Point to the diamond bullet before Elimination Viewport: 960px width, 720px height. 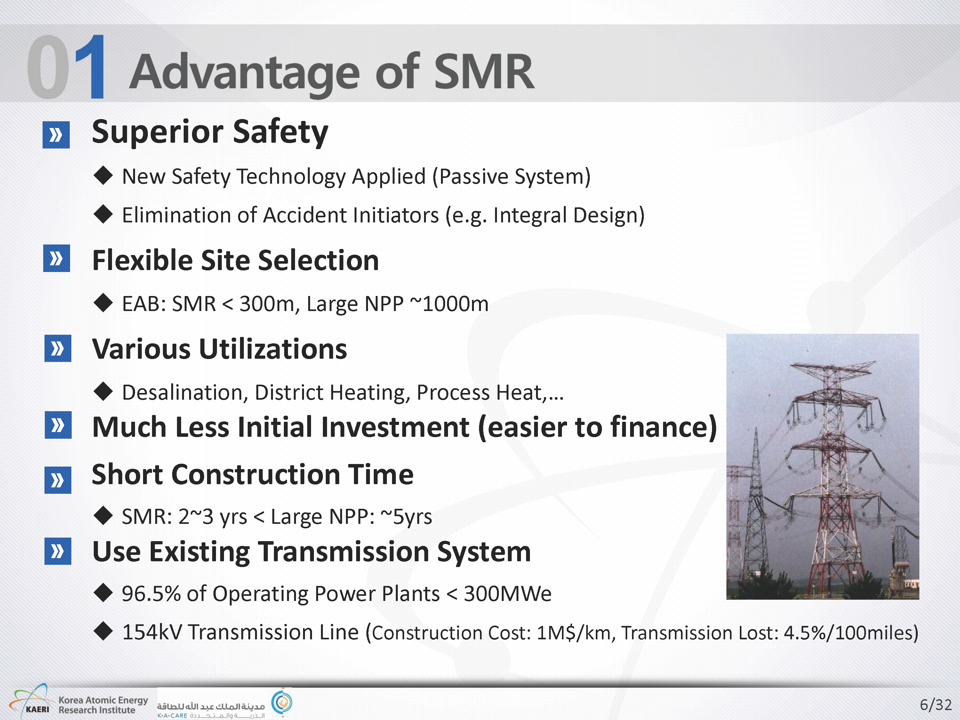tap(103, 214)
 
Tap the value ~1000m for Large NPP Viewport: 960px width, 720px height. tap(449, 304)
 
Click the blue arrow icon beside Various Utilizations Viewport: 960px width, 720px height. tap(58, 348)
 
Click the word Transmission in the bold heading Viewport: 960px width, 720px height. tap(345, 552)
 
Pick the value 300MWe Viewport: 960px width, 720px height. tap(507, 593)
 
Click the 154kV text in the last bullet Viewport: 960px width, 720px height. tap(152, 632)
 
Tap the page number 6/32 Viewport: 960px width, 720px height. tap(936, 704)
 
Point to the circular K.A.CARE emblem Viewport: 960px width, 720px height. tap(282, 701)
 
